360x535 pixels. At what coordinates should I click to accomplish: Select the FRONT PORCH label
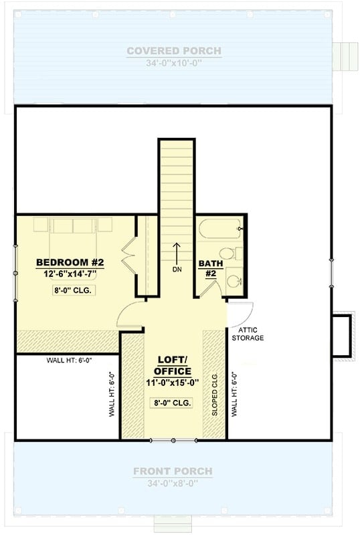(173, 471)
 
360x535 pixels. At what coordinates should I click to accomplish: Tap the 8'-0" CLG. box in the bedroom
(72, 290)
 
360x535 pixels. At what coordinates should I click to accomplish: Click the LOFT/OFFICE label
(172, 365)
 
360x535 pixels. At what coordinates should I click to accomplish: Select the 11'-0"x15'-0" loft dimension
(172, 383)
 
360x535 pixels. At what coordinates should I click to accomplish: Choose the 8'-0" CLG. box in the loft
(172, 403)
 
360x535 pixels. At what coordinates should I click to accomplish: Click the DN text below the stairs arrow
(177, 270)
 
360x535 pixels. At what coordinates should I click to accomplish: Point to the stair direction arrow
(177, 253)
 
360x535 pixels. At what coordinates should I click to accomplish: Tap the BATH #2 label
(206, 268)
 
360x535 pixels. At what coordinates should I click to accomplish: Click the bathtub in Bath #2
(219, 230)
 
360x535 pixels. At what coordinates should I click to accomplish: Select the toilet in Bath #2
(230, 255)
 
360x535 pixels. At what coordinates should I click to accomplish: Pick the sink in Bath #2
(234, 280)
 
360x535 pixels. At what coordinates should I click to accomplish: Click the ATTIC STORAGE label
(248, 334)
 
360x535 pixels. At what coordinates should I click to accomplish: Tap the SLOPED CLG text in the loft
(215, 395)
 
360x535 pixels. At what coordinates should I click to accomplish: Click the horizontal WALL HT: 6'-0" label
(69, 360)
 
